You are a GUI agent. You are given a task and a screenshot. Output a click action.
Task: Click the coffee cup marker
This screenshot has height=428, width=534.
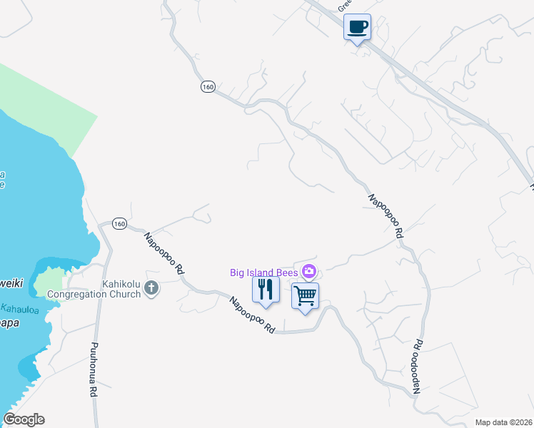[x=358, y=28]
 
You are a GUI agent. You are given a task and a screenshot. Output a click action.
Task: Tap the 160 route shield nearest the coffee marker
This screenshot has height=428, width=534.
[x=208, y=86]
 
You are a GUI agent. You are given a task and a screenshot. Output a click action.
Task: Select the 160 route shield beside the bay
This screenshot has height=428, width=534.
[x=119, y=224]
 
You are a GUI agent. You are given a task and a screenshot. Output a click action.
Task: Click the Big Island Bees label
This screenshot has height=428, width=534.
[x=264, y=272]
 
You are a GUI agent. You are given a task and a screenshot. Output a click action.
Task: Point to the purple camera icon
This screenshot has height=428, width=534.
[x=309, y=271]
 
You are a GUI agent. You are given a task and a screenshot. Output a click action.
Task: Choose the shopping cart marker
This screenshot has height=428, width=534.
[x=306, y=295]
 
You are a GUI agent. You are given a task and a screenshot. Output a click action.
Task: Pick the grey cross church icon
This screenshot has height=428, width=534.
[x=151, y=288]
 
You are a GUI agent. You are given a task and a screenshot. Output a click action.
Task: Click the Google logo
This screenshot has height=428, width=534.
[x=24, y=419]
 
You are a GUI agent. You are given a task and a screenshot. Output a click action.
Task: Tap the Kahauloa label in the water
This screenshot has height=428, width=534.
[x=22, y=309]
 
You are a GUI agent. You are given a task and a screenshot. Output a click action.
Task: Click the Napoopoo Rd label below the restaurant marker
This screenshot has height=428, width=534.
[x=252, y=315]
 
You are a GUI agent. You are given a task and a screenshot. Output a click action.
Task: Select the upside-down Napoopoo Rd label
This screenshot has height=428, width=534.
[x=416, y=367]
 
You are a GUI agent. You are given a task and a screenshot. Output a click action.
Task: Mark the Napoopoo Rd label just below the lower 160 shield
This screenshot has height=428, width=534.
[x=164, y=254]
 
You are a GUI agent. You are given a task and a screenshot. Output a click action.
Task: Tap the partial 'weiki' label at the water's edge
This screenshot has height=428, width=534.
[x=11, y=283]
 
